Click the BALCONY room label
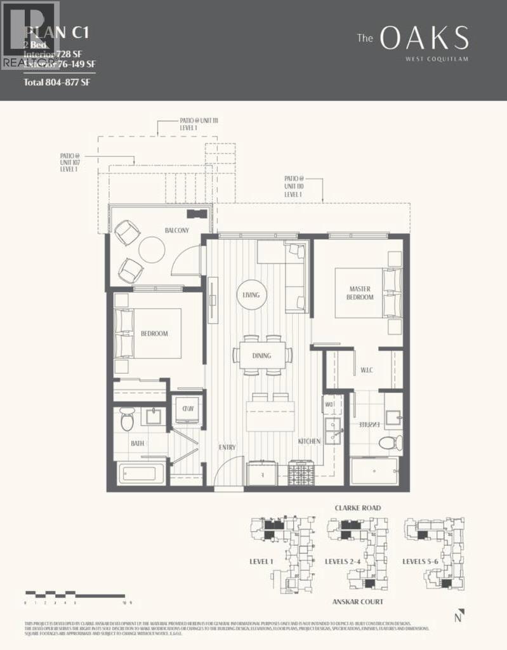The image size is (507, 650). pos(177,230)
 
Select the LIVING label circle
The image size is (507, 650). pos(251,295)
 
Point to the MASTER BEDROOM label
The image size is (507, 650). pos(360,293)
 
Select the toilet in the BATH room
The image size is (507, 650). pos(126,419)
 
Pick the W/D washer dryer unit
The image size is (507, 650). pos(188,409)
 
